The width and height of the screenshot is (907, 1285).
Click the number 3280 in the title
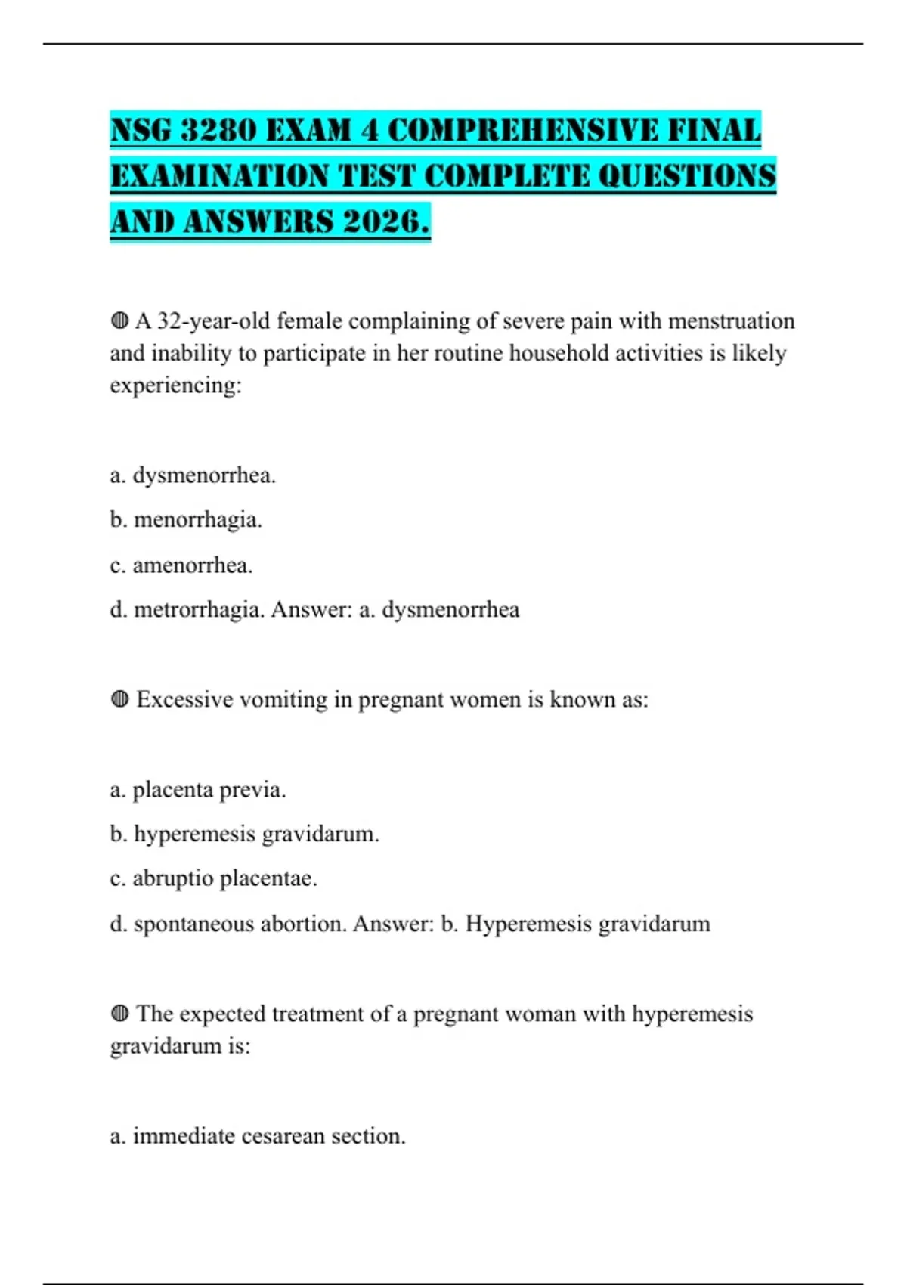pyautogui.click(x=219, y=130)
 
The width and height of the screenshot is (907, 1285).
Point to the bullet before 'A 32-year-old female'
pyautogui.click(x=119, y=321)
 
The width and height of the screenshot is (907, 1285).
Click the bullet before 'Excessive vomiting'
pyautogui.click(x=119, y=699)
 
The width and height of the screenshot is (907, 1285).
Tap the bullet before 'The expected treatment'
pyautogui.click(x=119, y=1014)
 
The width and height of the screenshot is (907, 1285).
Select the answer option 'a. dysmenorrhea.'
pyautogui.click(x=193, y=475)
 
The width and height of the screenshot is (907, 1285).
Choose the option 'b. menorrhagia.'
pyautogui.click(x=186, y=520)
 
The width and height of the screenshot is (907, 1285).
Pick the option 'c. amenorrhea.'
pyautogui.click(x=181, y=565)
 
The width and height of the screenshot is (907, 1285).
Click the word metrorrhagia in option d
pyautogui.click(x=199, y=610)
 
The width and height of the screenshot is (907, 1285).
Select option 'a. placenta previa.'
pyautogui.click(x=198, y=790)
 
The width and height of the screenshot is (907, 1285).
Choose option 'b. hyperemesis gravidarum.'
pyautogui.click(x=244, y=834)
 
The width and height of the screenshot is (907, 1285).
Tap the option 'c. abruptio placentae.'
pyautogui.click(x=213, y=878)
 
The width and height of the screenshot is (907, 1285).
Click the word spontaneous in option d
pyautogui.click(x=193, y=924)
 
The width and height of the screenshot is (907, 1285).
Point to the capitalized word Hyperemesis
pyautogui.click(x=528, y=924)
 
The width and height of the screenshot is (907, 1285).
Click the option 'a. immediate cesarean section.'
pyautogui.click(x=258, y=1136)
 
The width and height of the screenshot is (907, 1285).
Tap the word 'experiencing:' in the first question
pyautogui.click(x=175, y=385)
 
